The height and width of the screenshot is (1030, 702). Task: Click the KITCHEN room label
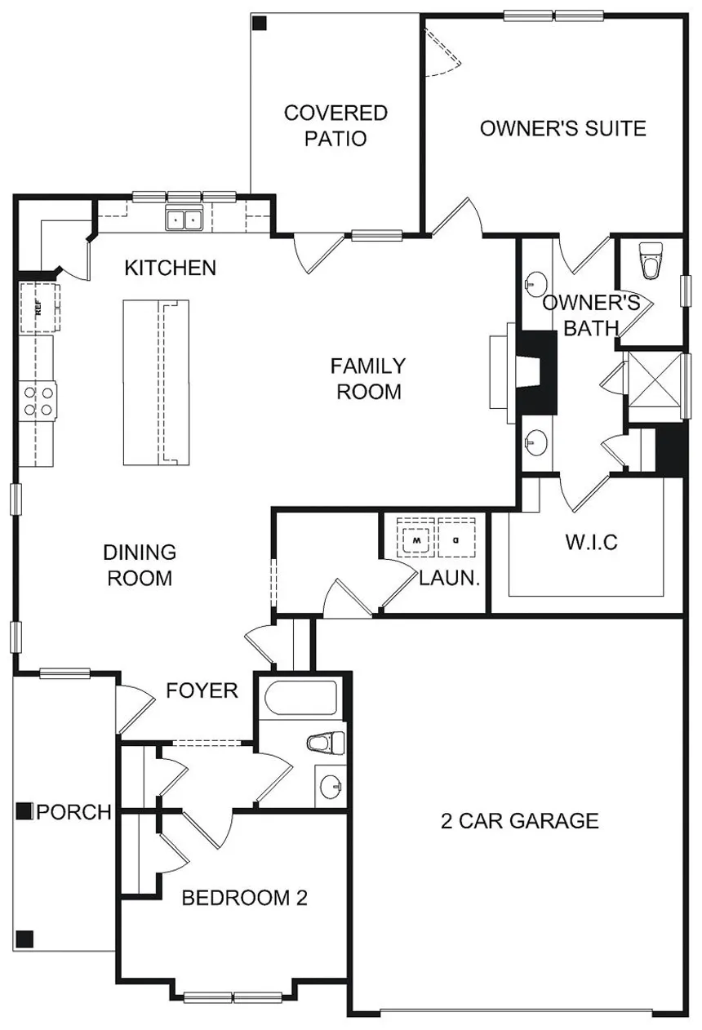coord(171,268)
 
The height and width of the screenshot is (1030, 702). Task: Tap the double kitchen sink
coord(184,220)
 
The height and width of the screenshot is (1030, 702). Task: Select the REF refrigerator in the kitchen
coord(40,307)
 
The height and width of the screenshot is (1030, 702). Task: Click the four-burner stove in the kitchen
coord(38,401)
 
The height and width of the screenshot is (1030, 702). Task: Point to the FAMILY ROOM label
coord(368,379)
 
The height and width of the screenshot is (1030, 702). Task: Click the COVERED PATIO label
coord(335,126)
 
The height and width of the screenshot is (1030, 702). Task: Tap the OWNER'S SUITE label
coord(563,128)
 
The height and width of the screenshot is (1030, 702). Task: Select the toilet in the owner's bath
coord(650,260)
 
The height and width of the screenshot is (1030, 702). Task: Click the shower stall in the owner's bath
coord(655,380)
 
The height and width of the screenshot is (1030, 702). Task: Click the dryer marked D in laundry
coord(456,539)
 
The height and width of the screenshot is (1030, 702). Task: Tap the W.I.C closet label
coord(591,542)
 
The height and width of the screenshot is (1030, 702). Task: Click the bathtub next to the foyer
coord(301,698)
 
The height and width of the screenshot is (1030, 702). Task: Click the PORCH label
coord(74,786)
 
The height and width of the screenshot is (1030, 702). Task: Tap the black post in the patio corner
coord(260,24)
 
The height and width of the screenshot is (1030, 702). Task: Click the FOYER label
coord(202,690)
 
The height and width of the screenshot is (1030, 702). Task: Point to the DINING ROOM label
coord(140,565)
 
